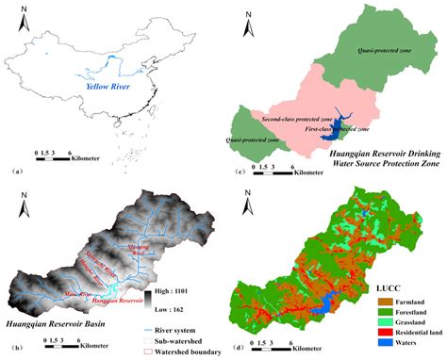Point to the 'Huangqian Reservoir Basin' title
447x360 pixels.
coord(55,324)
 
